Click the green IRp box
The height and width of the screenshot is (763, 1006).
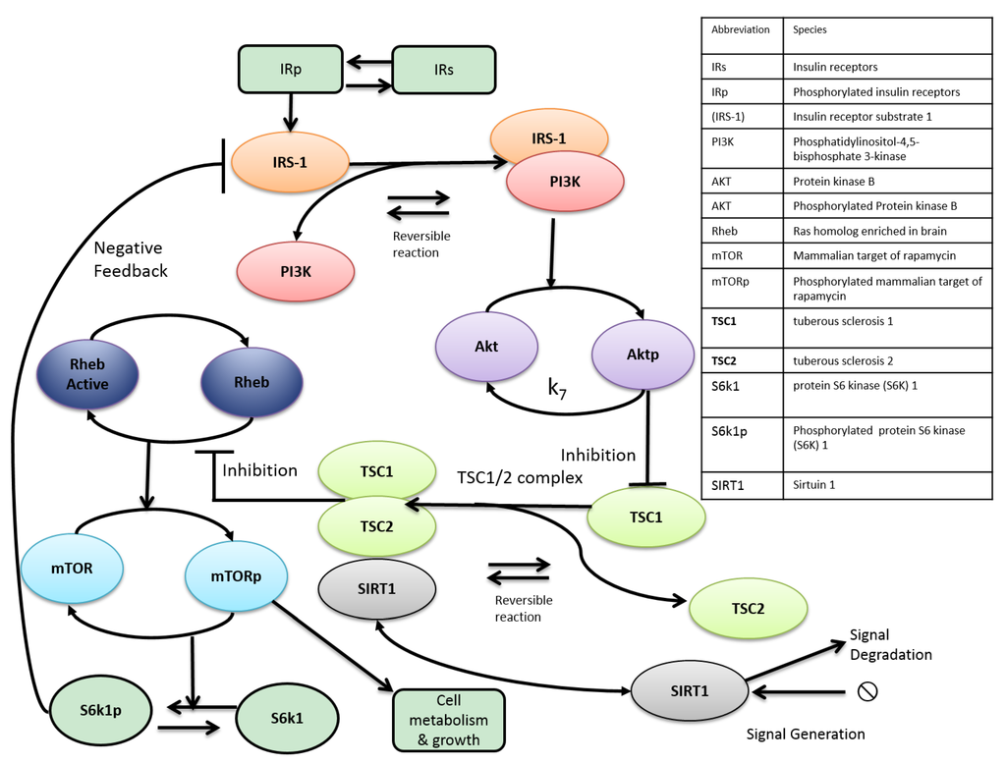pos(291,70)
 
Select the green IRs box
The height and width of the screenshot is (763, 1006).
pos(444,70)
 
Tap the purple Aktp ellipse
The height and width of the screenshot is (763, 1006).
pos(643,354)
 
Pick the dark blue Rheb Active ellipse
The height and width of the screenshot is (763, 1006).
pos(87,374)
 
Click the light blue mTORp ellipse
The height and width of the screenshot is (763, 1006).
pos(236,576)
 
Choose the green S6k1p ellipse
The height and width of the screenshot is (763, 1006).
pos(101,710)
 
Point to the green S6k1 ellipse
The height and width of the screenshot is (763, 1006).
pos(287,718)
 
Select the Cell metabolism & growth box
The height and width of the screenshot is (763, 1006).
pos(448,720)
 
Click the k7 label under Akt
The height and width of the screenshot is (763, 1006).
pos(557,389)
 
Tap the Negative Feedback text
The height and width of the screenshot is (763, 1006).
pos(131,259)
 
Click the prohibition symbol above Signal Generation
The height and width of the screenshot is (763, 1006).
pos(867,691)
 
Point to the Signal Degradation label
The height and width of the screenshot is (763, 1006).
pos(890,645)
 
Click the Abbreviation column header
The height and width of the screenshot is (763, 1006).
pos(741,29)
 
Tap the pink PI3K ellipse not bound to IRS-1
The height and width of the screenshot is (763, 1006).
pos(296,272)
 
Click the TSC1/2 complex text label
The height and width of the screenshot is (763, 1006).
pos(520,477)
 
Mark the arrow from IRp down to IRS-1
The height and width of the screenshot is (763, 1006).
pos(291,112)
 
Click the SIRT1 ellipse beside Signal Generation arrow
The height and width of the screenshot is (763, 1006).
pos(690,691)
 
